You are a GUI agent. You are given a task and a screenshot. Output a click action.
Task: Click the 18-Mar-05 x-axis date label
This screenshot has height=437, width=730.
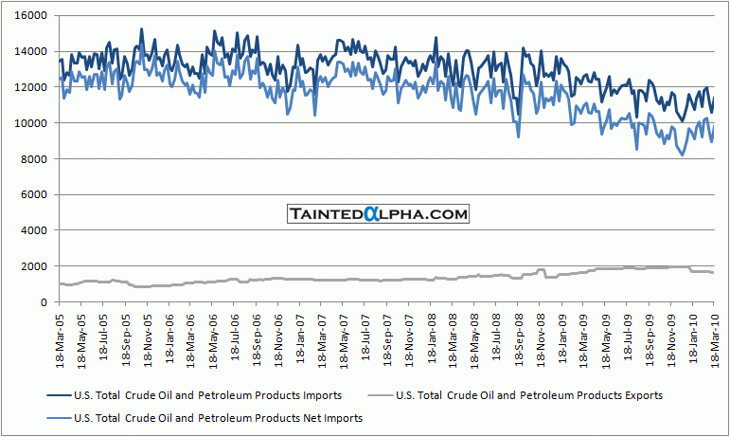(60, 337)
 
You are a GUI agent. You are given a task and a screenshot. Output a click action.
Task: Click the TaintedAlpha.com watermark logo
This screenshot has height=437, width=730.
(379, 215)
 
